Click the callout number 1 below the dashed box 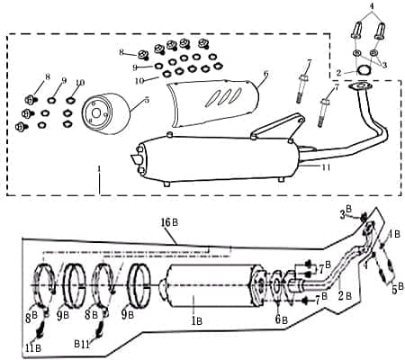click(x=100, y=171)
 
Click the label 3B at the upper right click(x=347, y=212)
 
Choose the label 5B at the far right click(x=395, y=290)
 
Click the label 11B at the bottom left click(x=32, y=348)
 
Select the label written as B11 click(x=106, y=344)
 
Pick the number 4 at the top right click(x=370, y=7)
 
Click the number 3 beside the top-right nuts click(x=384, y=64)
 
